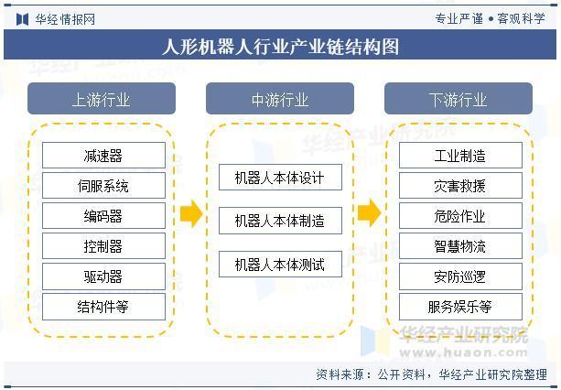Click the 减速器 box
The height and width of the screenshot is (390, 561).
click(103, 156)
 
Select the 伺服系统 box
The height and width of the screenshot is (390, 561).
click(103, 185)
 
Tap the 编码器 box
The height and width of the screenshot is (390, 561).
click(103, 215)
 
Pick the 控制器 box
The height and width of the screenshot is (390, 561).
click(103, 245)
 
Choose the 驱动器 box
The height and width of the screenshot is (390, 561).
click(103, 276)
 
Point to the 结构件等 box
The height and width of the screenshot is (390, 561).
click(103, 307)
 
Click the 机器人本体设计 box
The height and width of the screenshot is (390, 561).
click(280, 177)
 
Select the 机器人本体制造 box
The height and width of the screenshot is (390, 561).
click(280, 221)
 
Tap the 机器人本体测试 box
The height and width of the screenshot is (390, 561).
click(280, 264)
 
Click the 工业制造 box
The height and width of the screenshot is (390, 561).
click(460, 156)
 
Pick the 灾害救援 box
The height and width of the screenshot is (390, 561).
click(460, 185)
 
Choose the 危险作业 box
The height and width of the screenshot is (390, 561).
click(460, 215)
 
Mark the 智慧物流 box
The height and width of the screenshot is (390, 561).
click(460, 245)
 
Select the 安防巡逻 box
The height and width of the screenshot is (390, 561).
click(460, 276)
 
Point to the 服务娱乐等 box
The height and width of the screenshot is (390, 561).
click(460, 307)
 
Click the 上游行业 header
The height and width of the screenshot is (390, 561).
click(102, 98)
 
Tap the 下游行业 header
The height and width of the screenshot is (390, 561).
click(459, 98)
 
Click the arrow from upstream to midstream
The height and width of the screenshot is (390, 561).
click(191, 213)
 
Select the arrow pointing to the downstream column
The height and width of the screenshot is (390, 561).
click(369, 213)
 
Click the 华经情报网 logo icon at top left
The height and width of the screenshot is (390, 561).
click(22, 19)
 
